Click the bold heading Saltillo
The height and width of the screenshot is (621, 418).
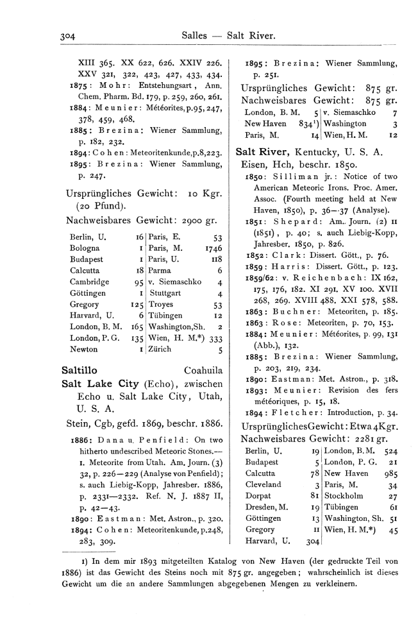pos(79,370)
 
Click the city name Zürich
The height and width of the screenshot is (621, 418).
pos(159,350)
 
